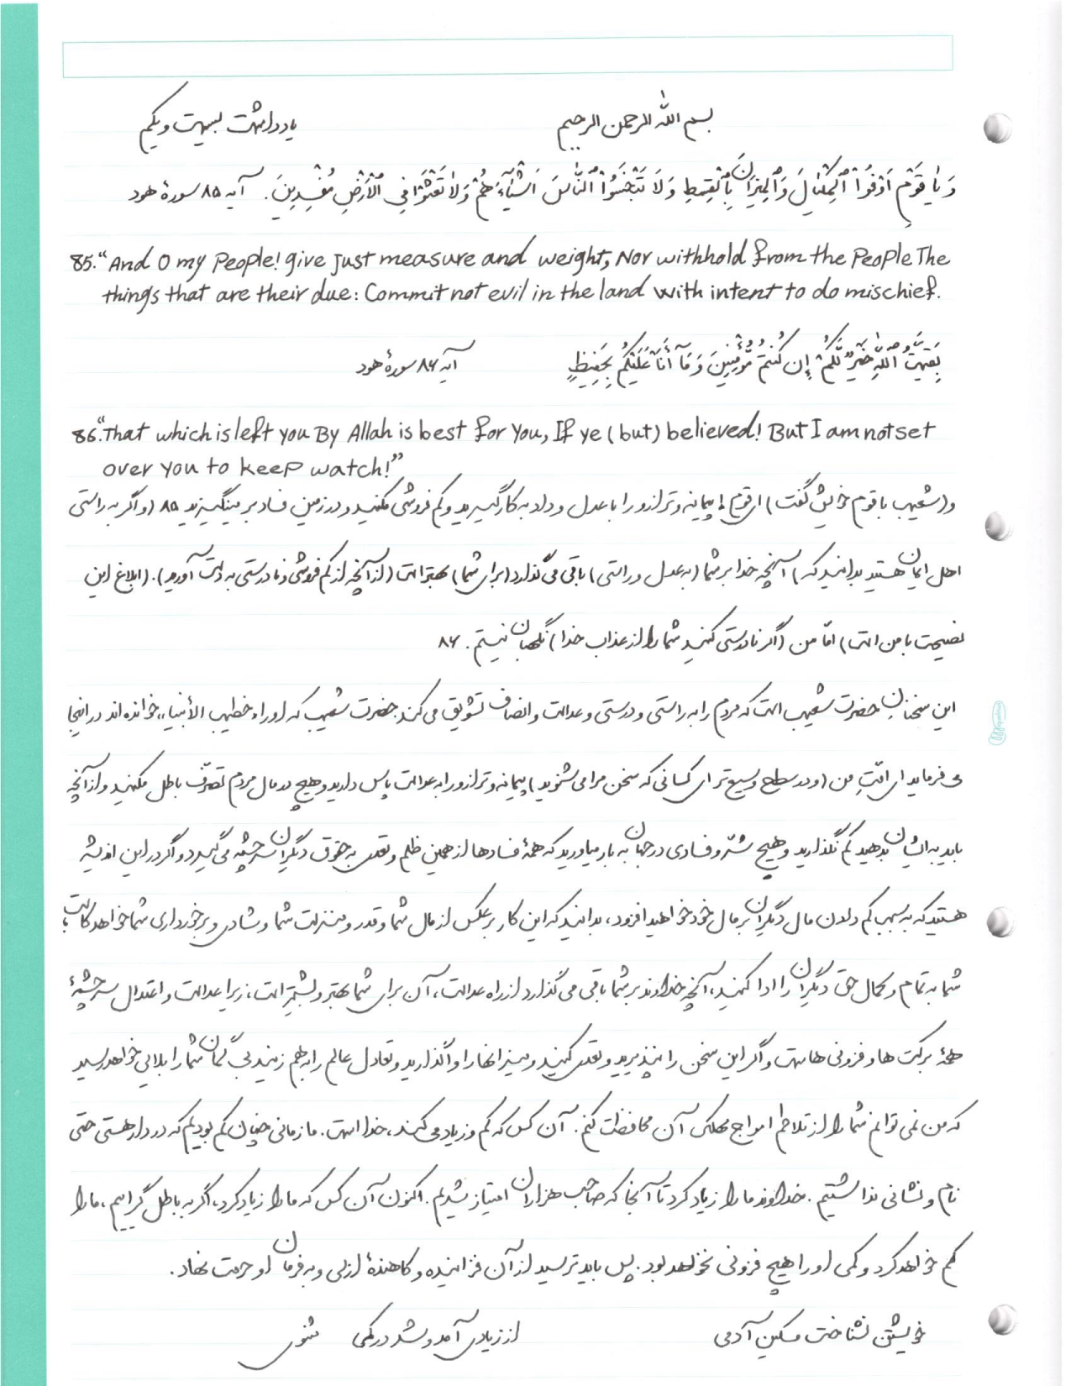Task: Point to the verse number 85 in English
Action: point(81,260)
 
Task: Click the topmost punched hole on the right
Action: point(995,127)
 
